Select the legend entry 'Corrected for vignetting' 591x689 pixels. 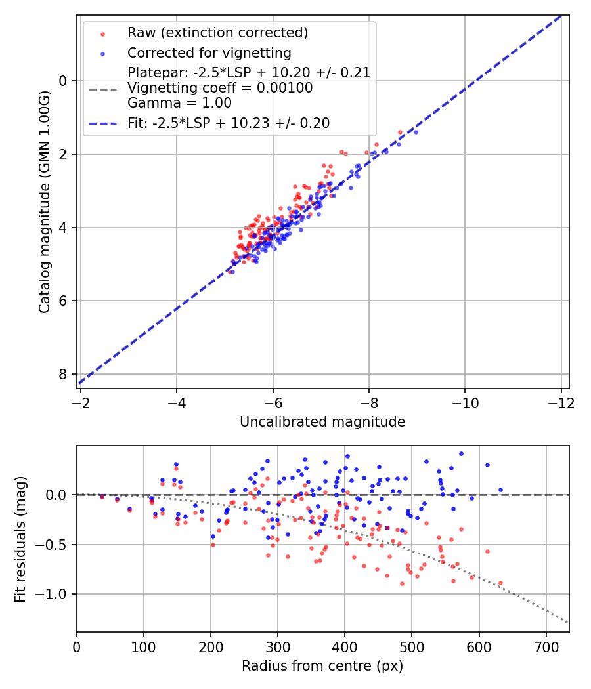209,52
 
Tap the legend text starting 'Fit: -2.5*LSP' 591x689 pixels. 229,123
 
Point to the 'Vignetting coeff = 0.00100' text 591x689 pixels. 220,88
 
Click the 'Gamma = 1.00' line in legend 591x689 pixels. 179,103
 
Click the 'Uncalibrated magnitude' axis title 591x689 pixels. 322,422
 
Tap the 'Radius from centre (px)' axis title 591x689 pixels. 322,666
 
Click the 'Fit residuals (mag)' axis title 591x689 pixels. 20,539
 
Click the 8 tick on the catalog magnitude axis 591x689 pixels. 64,374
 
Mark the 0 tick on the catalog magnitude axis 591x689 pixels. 64,81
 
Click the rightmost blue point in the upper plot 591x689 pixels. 415,132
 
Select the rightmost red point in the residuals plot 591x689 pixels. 500,583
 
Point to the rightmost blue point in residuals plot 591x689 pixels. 500,490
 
